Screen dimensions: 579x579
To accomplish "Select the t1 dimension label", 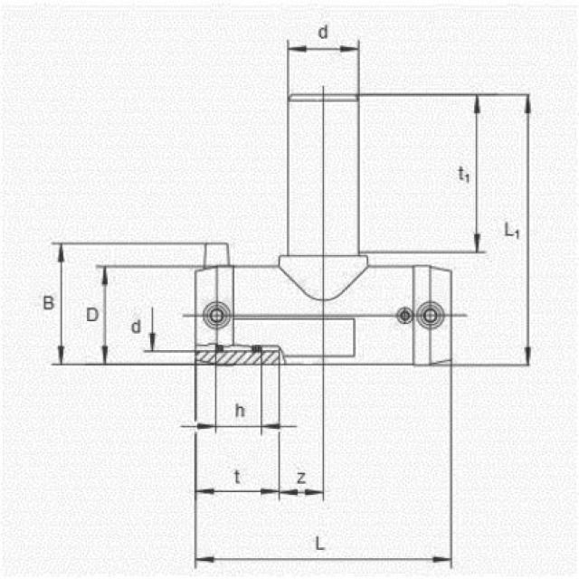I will [x=463, y=174].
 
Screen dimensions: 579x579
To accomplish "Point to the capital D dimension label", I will [x=91, y=315].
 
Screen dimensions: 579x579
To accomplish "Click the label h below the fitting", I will [x=240, y=411].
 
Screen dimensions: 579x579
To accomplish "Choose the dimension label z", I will [x=300, y=477].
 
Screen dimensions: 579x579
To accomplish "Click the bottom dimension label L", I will [x=320, y=543].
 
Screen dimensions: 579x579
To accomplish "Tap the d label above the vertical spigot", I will [x=323, y=33].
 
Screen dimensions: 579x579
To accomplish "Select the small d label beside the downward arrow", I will [x=137, y=326].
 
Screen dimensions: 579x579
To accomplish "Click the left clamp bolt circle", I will [x=216, y=314].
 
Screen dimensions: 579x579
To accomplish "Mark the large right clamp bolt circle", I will [x=430, y=314].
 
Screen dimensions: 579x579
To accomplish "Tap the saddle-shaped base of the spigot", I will [x=323, y=276].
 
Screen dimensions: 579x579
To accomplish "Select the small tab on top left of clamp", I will [x=217, y=254].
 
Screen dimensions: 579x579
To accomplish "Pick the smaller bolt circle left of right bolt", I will [x=406, y=314].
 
